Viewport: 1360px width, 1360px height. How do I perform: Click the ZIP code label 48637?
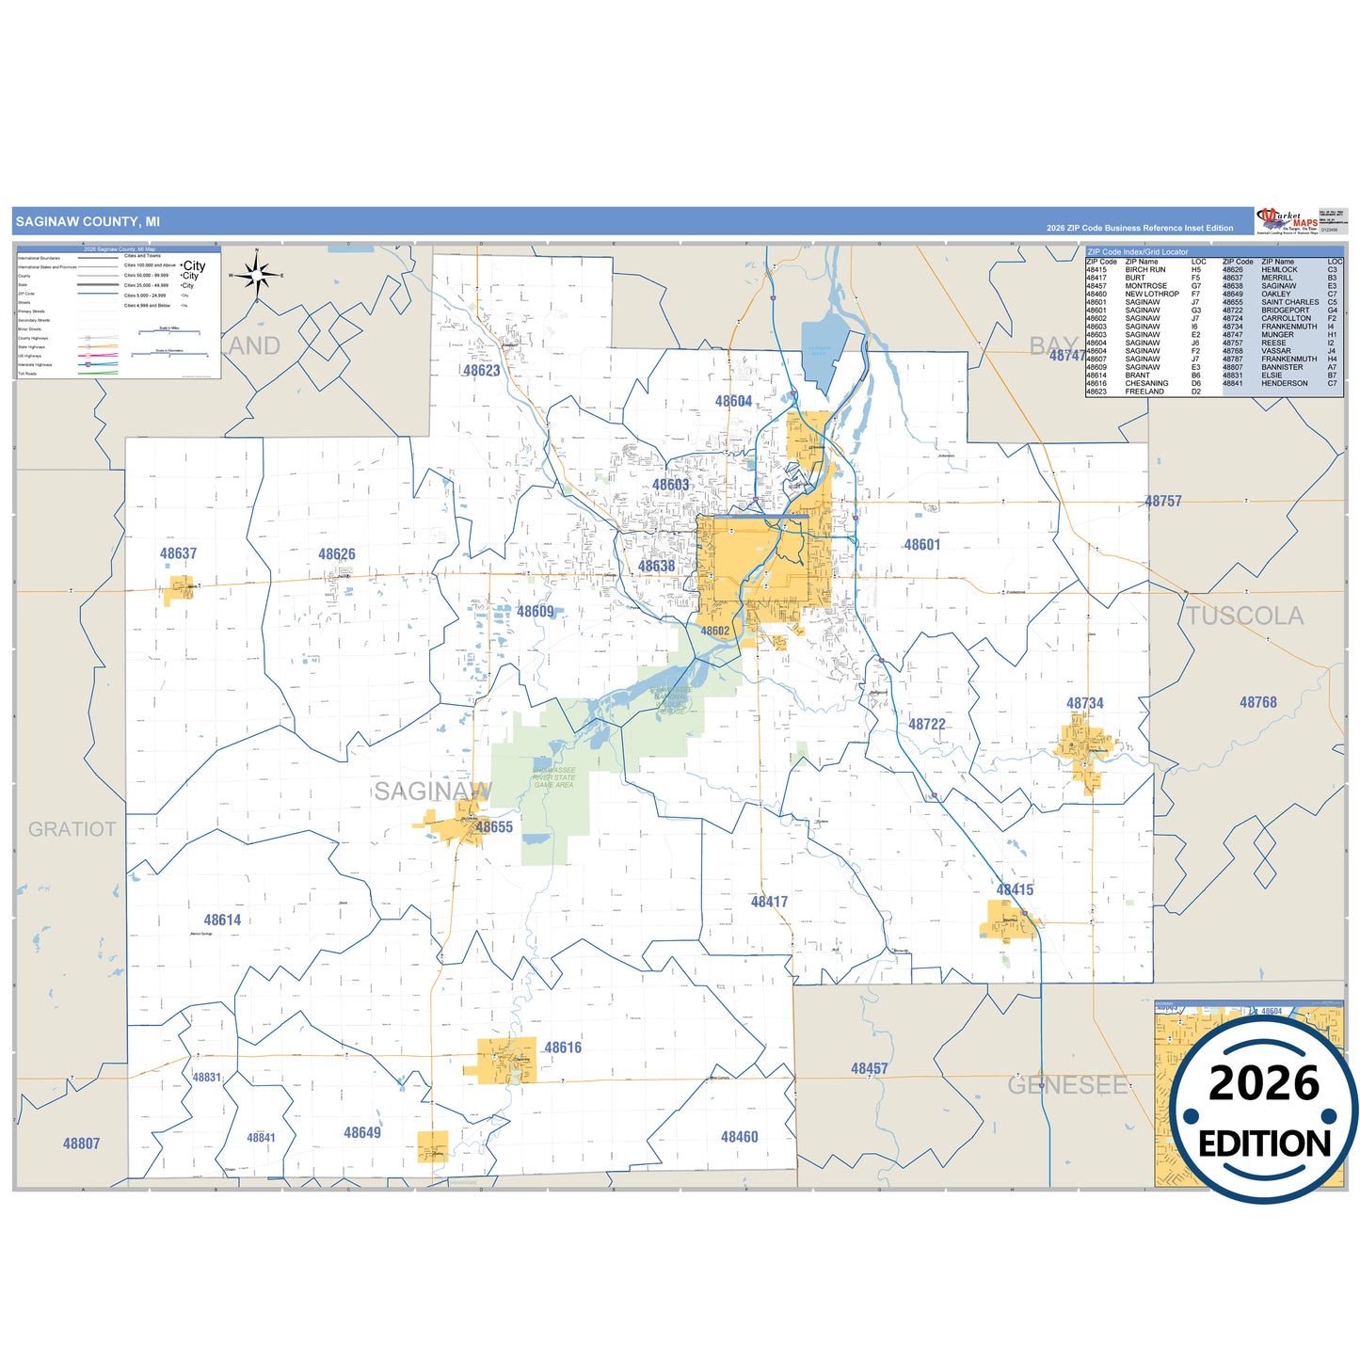(178, 553)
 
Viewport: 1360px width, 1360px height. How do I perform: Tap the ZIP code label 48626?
(337, 554)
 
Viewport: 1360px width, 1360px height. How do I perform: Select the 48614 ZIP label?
(222, 920)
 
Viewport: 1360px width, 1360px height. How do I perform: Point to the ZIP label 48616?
(563, 1048)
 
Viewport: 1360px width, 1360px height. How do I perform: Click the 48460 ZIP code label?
(739, 1137)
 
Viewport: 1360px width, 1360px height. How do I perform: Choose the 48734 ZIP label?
(1084, 703)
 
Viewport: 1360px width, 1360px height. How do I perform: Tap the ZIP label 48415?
(1015, 889)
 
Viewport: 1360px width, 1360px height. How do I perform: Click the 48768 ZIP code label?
(1257, 702)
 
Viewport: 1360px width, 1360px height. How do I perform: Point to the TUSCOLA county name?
(1244, 616)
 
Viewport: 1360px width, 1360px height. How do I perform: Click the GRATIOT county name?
(72, 829)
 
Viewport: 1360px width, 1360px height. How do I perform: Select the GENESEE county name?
(1067, 1085)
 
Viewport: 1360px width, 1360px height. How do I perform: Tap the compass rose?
(256, 275)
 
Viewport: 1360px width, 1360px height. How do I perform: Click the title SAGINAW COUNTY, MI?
(88, 222)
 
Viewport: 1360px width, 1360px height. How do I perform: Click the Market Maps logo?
(1288, 220)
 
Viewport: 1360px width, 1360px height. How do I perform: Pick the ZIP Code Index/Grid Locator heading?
(1138, 251)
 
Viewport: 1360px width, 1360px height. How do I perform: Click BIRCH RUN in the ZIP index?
(1144, 270)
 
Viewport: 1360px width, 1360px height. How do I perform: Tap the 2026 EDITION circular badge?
(1264, 1111)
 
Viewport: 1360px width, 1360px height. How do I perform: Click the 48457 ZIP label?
(869, 1068)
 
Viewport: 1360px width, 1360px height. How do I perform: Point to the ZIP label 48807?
(81, 1144)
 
